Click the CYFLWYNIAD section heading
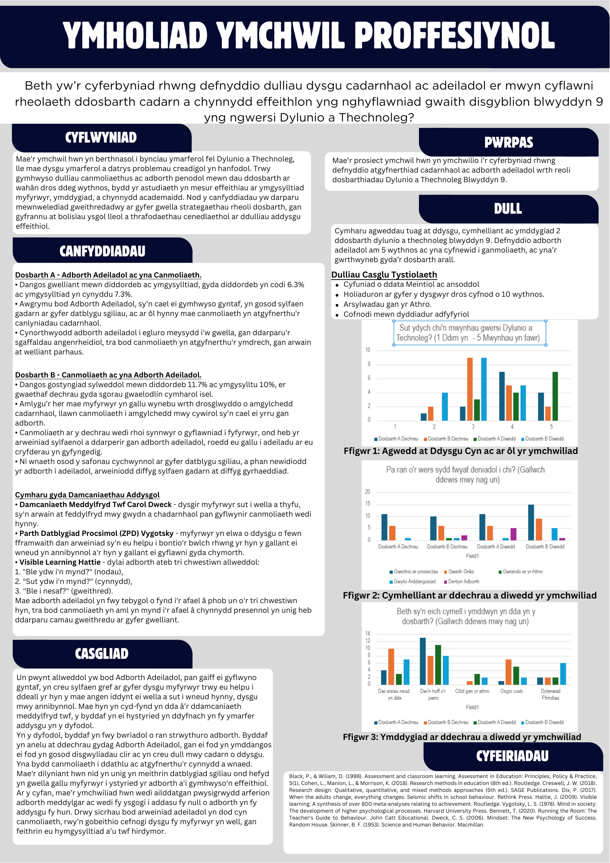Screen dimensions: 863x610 [x=101, y=138]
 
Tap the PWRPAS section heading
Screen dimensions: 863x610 [x=509, y=142]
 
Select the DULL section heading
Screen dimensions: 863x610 [x=508, y=209]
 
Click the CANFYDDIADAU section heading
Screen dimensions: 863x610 [x=102, y=251]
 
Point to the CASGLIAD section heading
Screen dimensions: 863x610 [x=101, y=653]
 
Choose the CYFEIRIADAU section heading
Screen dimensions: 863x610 [x=512, y=756]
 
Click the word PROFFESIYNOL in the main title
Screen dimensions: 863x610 [x=455, y=36]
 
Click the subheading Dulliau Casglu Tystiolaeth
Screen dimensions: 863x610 [x=384, y=274]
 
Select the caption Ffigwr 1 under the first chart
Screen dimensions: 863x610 [x=460, y=451]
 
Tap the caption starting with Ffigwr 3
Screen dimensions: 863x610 [x=462, y=737]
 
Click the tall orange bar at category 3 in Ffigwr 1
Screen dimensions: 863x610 [x=470, y=389]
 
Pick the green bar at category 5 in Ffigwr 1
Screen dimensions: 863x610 [x=555, y=396]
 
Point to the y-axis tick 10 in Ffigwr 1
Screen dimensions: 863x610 [x=368, y=350]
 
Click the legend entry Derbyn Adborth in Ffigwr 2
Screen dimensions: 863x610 [x=463, y=582]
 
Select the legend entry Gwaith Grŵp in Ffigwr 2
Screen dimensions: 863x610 [x=460, y=572]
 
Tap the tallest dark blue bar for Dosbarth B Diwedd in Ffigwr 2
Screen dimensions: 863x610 [x=531, y=522]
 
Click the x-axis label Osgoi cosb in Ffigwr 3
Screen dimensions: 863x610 [x=511, y=691]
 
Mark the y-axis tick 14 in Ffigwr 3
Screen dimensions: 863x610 [x=368, y=633]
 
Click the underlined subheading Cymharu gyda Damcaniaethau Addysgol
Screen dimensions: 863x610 [x=87, y=495]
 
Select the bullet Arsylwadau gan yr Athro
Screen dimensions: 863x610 [x=387, y=304]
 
